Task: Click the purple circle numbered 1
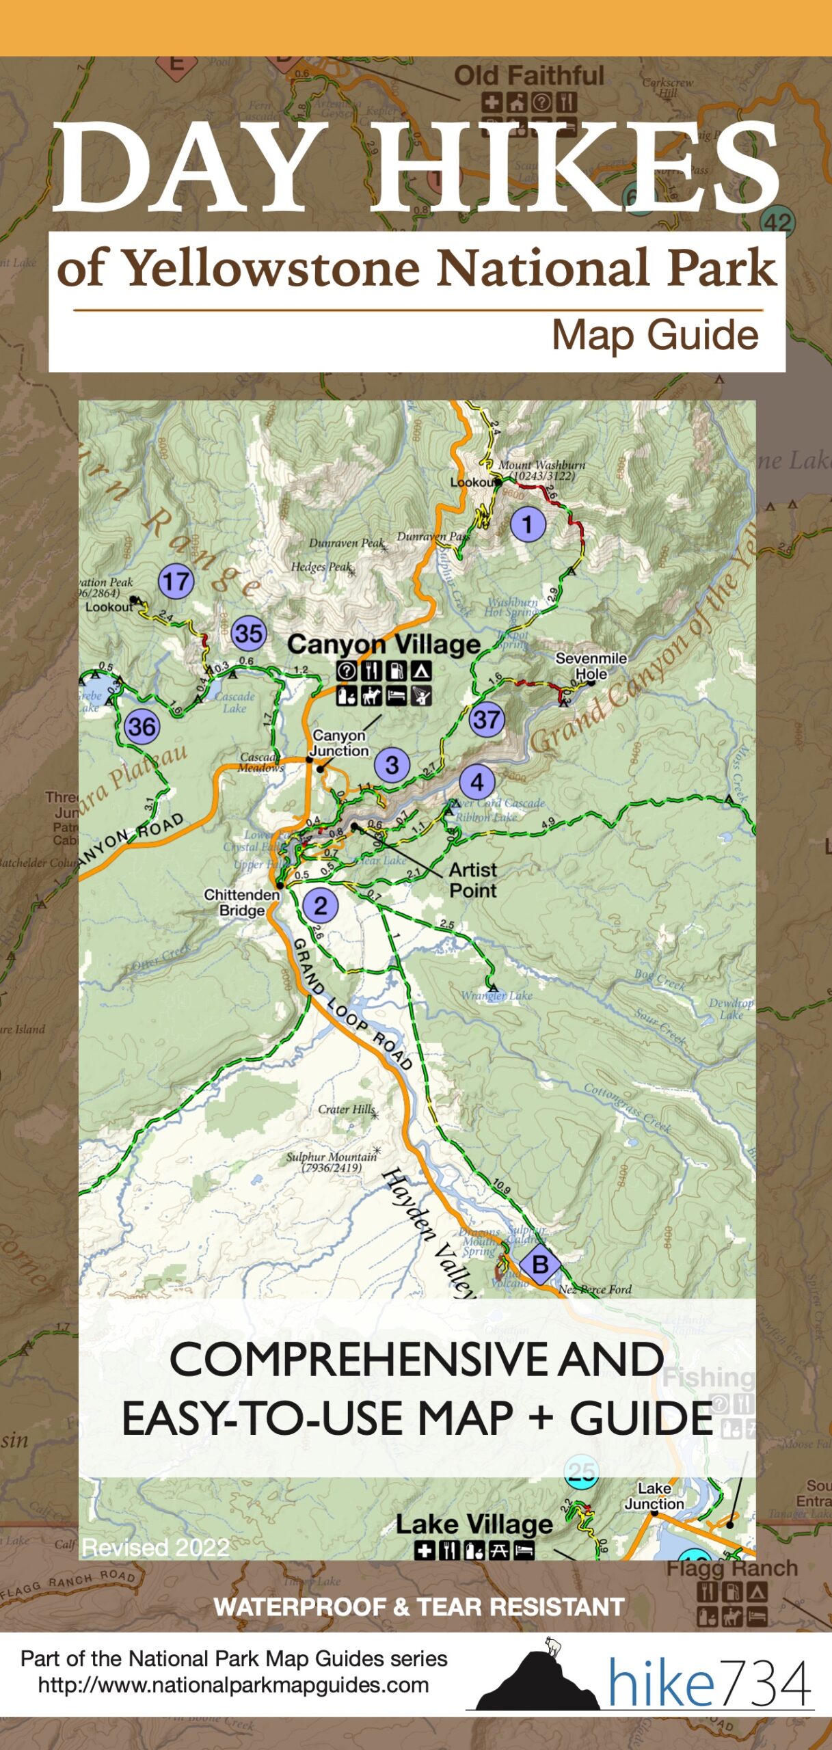click(527, 524)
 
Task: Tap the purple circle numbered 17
click(176, 582)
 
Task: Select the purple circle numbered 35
click(248, 634)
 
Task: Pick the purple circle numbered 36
click(142, 726)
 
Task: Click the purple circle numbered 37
click(487, 719)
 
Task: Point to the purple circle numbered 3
click(392, 764)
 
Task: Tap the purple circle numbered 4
click(477, 782)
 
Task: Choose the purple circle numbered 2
click(320, 906)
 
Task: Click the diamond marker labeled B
click(540, 1264)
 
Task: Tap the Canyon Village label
click(384, 644)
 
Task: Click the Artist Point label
click(473, 880)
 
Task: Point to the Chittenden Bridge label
click(242, 902)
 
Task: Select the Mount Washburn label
click(541, 470)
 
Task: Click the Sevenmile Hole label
click(591, 666)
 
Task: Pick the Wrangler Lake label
click(496, 995)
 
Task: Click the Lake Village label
click(474, 1524)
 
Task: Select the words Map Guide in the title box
click(655, 335)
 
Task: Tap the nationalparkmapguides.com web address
click(233, 1685)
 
